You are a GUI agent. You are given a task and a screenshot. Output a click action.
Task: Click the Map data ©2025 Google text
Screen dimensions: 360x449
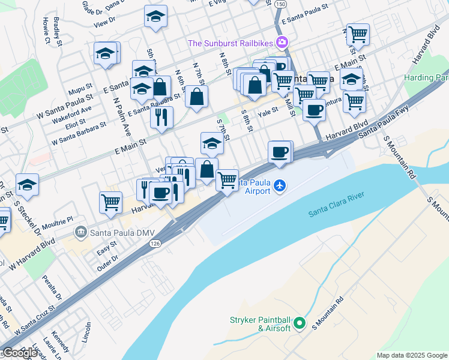click(412, 355)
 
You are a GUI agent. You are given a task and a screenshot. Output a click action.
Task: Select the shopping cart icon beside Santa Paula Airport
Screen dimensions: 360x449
click(227, 179)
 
